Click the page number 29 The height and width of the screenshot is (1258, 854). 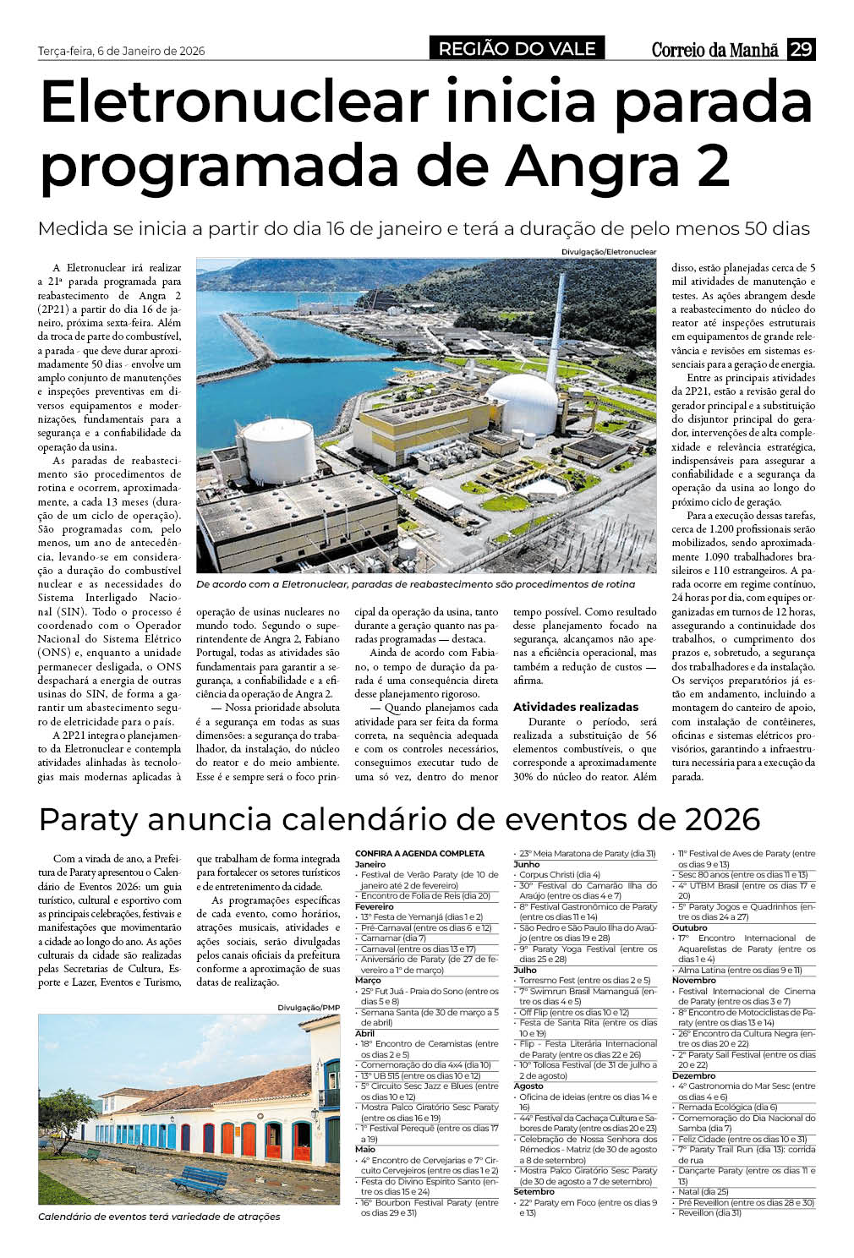tap(801, 50)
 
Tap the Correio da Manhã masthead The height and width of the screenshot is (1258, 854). tap(715, 50)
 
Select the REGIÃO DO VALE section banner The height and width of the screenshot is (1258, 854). tap(517, 49)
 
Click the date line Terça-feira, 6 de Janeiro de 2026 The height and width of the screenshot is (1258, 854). tap(122, 51)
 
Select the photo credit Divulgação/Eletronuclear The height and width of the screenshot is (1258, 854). tap(609, 253)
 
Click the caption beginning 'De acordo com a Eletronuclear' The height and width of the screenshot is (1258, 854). tap(414, 584)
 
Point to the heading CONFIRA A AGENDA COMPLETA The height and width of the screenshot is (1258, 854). tap(419, 854)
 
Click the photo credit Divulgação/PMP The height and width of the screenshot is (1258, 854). tap(308, 1007)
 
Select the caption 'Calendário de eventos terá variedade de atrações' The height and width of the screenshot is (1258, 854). tap(159, 1217)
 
